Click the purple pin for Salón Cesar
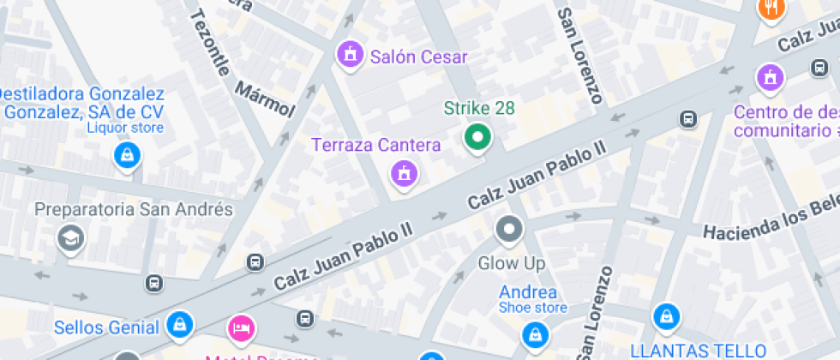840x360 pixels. (x=349, y=56)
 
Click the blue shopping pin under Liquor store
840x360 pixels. (x=127, y=155)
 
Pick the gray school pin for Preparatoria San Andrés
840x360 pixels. (x=69, y=237)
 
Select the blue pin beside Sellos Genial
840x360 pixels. (x=180, y=324)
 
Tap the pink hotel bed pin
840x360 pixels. (x=241, y=327)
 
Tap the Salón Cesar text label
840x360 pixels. (x=419, y=57)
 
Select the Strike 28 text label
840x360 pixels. (x=479, y=109)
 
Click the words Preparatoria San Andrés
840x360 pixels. (x=133, y=209)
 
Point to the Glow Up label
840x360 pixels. (x=511, y=263)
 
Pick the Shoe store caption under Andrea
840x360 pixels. (x=532, y=308)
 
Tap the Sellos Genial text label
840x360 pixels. (x=106, y=327)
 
